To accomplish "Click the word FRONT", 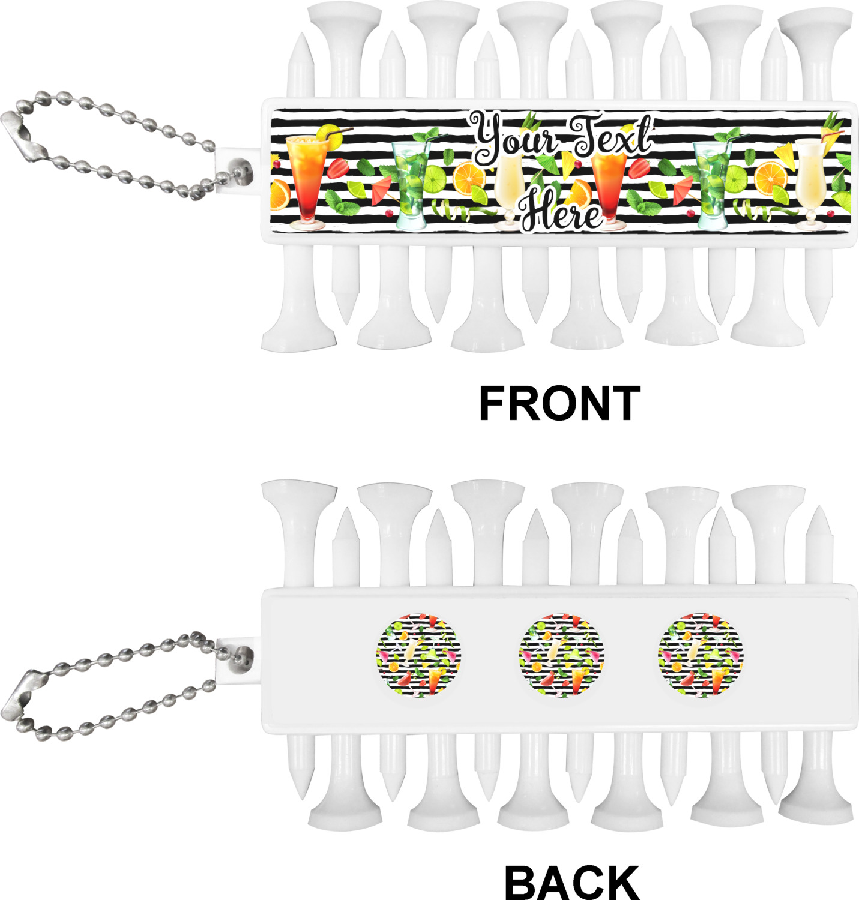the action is pyautogui.click(x=559, y=403).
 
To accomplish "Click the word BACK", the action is pyautogui.click(x=571, y=881).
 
